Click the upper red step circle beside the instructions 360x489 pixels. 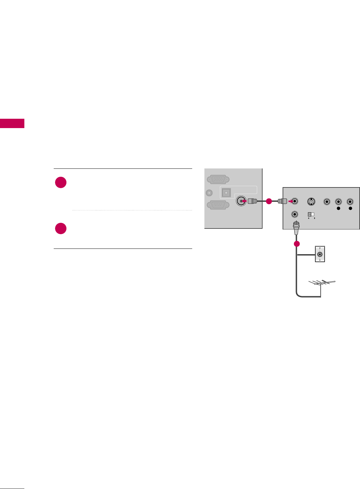pyautogui.click(x=61, y=182)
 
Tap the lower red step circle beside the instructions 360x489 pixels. pyautogui.click(x=61, y=228)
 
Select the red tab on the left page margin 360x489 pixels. pyautogui.click(x=12, y=123)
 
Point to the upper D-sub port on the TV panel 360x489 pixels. pyautogui.click(x=218, y=179)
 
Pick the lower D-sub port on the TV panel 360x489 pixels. pyautogui.click(x=218, y=205)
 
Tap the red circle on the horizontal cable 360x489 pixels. pyautogui.click(x=269, y=201)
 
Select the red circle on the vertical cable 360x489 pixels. pyautogui.click(x=297, y=244)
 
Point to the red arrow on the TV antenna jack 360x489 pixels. pyautogui.click(x=244, y=201)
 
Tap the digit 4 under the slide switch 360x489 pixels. pyautogui.click(x=308, y=218)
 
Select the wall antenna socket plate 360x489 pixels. pyautogui.click(x=320, y=254)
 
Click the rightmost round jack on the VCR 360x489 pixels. pyautogui.click(x=350, y=201)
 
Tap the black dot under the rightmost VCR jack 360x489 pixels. pyautogui.click(x=350, y=208)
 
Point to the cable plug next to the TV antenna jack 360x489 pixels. pyautogui.click(x=253, y=201)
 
